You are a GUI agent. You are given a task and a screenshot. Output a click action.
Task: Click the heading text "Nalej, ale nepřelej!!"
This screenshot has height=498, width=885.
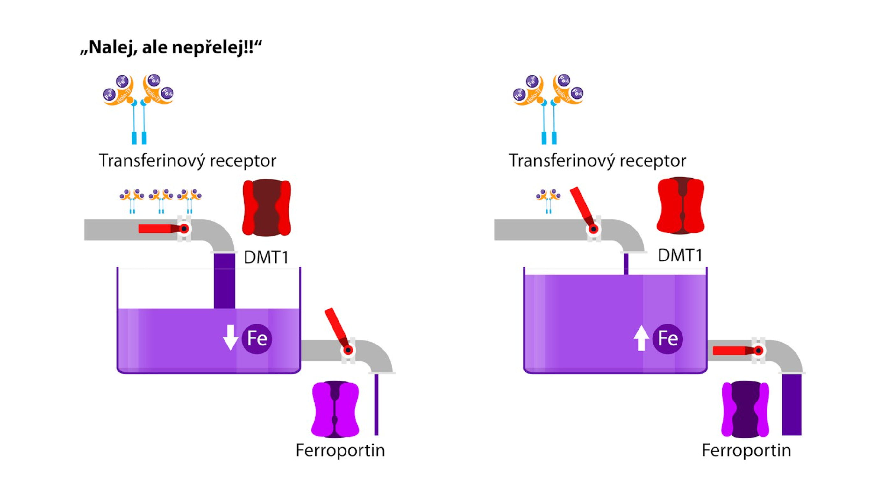point(171,47)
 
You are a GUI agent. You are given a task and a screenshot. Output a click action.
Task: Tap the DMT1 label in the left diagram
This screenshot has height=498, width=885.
point(266,257)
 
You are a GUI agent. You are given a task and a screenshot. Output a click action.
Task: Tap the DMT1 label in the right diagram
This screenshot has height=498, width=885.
point(680,255)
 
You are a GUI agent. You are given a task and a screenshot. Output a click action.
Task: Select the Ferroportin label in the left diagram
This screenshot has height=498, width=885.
point(340,450)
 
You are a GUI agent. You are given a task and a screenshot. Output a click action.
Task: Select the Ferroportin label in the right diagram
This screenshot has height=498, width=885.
point(746,450)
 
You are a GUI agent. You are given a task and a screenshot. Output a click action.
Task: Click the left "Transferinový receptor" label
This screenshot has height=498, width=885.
point(187,161)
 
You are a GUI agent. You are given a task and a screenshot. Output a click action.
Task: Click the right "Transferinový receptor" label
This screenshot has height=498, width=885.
point(597,161)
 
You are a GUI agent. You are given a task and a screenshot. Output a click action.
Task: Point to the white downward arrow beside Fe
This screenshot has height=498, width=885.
point(230,337)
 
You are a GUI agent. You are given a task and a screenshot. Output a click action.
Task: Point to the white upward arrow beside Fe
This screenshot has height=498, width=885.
point(641,338)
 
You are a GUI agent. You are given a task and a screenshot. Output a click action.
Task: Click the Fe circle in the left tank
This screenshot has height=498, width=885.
point(257,339)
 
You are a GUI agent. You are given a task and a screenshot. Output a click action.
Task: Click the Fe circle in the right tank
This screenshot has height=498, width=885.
point(667,339)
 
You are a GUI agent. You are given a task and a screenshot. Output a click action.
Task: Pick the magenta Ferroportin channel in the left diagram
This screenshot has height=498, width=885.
point(335,409)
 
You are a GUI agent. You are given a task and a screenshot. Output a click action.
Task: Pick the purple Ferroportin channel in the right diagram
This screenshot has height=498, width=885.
point(745,409)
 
